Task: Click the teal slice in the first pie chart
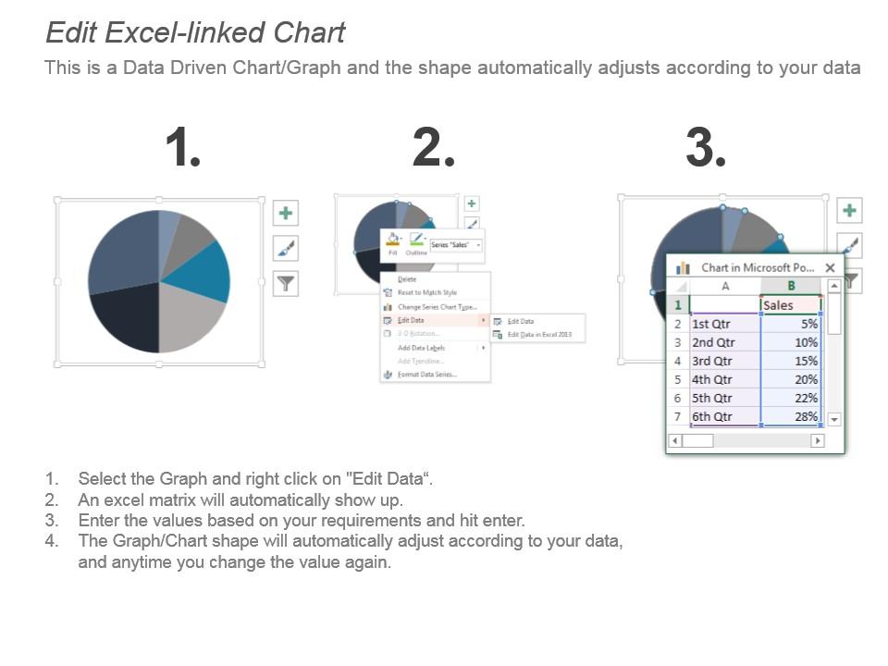pos(205,272)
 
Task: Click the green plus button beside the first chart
pos(286,214)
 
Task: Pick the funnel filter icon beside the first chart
pos(286,283)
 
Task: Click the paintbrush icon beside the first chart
pos(286,248)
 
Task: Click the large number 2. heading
pos(433,148)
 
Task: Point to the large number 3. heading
pos(705,148)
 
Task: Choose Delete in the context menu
pos(407,278)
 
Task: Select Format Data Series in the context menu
pos(426,375)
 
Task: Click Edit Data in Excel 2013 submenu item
pos(538,334)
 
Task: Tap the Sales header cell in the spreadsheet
pos(790,305)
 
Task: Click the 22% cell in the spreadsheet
pos(790,398)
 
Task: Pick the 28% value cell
pos(790,416)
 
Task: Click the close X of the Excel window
pos(830,267)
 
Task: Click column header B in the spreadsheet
pos(790,286)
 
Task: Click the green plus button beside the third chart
pos(849,210)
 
